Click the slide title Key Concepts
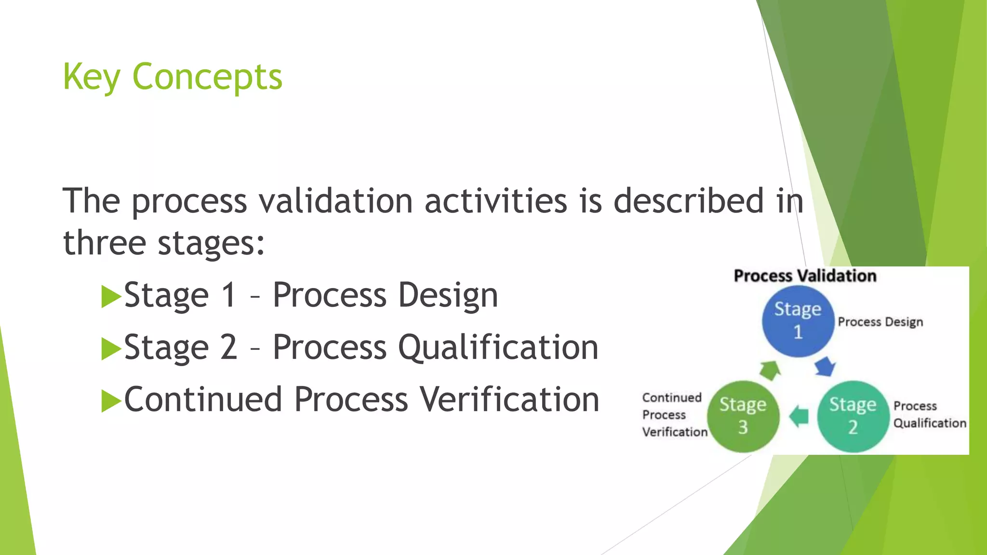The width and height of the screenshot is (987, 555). coord(172,77)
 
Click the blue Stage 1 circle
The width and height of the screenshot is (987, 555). coord(798,321)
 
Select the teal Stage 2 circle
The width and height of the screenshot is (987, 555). coord(853,416)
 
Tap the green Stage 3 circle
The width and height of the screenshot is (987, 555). coord(743,416)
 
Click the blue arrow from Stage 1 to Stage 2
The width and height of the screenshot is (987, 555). coord(825,367)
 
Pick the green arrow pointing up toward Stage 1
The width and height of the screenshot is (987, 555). coord(770,370)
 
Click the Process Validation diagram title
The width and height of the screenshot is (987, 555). coord(805,276)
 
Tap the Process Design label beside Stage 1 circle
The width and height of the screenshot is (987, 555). coord(880,322)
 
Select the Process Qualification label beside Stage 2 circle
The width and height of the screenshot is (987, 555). coord(929,414)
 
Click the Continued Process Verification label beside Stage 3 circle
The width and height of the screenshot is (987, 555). coord(674,414)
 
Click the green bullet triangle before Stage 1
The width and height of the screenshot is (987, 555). coord(111,296)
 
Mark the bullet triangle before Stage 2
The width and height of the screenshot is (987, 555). coord(111,348)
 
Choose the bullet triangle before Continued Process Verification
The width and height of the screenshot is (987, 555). coord(111,401)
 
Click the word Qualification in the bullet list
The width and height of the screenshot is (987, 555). coord(498,348)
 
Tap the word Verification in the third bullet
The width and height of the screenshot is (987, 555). coord(509,400)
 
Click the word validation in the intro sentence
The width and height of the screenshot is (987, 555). coord(335,201)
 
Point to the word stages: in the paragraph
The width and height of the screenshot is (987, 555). coord(211,243)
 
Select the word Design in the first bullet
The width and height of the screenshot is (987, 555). coord(448,296)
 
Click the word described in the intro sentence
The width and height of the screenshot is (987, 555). coord(688,201)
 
